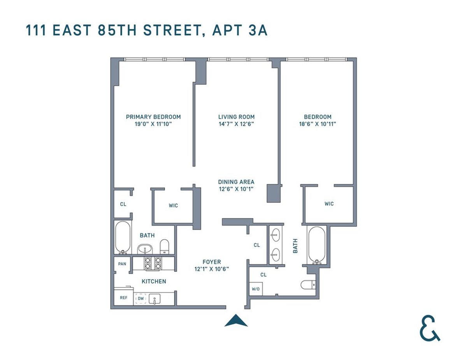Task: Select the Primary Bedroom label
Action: [153, 117]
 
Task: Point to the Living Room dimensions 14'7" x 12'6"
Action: [236, 124]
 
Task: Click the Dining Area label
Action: [236, 182]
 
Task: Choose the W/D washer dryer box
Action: [256, 289]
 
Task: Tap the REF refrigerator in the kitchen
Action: [123, 298]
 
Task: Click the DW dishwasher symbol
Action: [140, 299]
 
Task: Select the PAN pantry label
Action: [122, 264]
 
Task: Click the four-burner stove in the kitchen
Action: [153, 264]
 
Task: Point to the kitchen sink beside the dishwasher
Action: [155, 299]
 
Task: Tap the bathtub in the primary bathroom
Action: [123, 238]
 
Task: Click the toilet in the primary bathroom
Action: [165, 246]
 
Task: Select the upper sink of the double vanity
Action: [276, 234]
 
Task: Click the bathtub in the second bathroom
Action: [317, 245]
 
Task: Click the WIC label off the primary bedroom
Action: [173, 206]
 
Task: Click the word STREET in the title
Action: [168, 30]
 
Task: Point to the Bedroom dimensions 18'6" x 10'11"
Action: [318, 124]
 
